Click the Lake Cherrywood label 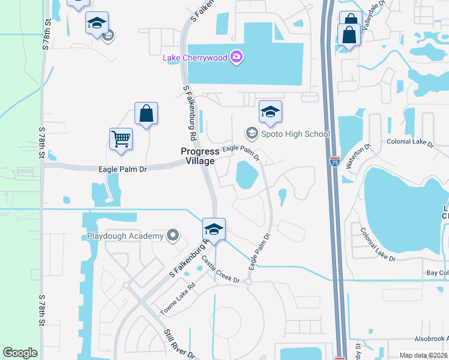pyautogui.click(x=196, y=58)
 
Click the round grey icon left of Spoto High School pyautogui.click(x=252, y=133)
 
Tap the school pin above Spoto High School pyautogui.click(x=270, y=112)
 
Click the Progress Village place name pyautogui.click(x=200, y=156)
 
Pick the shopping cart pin pyautogui.click(x=121, y=139)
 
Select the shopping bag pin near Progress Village pyautogui.click(x=146, y=113)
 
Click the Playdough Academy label pyautogui.click(x=125, y=236)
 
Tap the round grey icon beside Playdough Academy pyautogui.click(x=173, y=235)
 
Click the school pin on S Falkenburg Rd pyautogui.click(x=213, y=229)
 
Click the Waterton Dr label pyautogui.click(x=360, y=155)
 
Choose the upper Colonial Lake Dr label pyautogui.click(x=406, y=142)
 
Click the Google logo pyautogui.click(x=20, y=353)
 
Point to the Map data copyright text pyautogui.click(x=424, y=355)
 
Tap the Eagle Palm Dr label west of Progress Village pyautogui.click(x=122, y=169)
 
